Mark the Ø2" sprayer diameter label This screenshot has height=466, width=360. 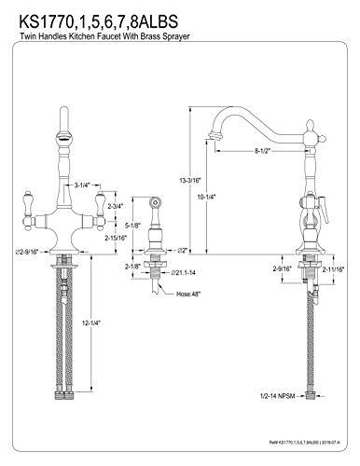coord(182,250)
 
